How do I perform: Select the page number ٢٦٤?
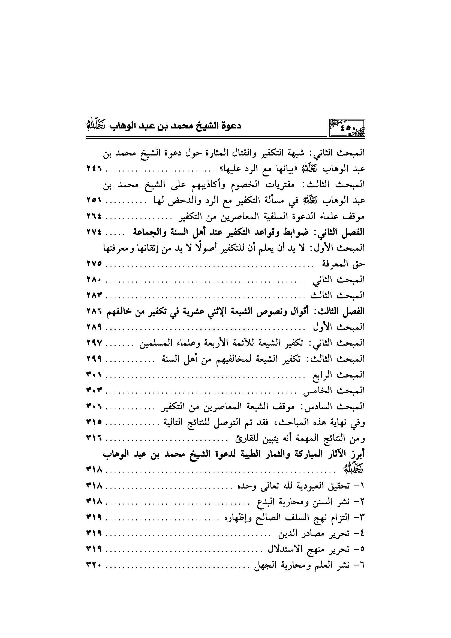pyautogui.click(x=94, y=216)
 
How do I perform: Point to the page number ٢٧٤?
pyautogui.click(x=94, y=232)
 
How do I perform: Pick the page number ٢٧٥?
pyautogui.click(x=94, y=264)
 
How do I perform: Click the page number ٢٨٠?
pyautogui.click(x=94, y=280)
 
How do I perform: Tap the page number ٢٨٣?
pyautogui.click(x=94, y=296)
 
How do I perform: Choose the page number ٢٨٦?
pyautogui.click(x=94, y=311)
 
